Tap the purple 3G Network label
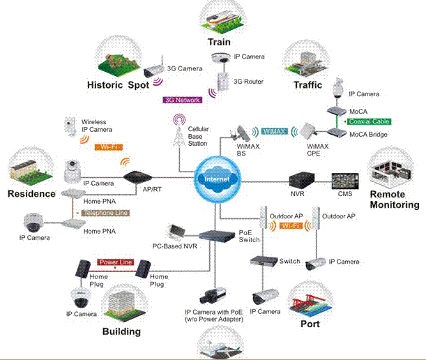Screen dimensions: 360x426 (182, 100)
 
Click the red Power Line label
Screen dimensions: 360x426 (115, 262)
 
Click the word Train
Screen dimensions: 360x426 (218, 43)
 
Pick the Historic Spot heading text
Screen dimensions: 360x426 (119, 85)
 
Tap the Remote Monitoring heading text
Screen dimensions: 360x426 (395, 200)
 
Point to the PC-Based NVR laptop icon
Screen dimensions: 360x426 (177, 231)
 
